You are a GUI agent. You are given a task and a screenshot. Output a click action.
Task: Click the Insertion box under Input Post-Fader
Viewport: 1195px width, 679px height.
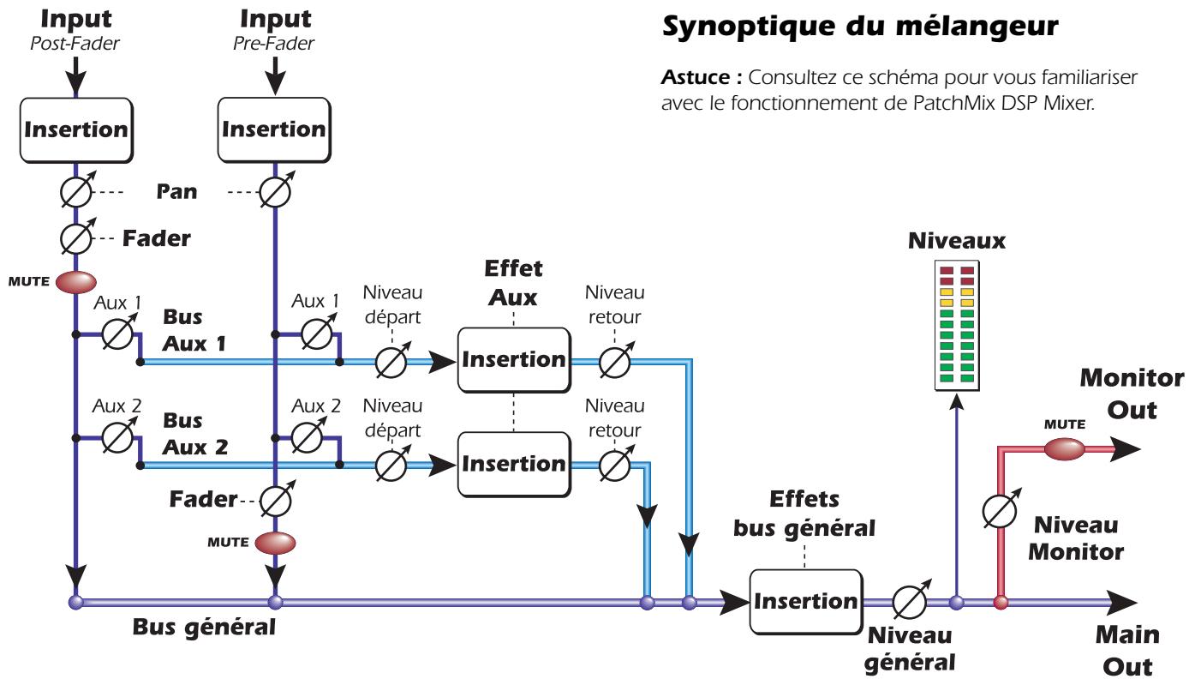[x=75, y=130]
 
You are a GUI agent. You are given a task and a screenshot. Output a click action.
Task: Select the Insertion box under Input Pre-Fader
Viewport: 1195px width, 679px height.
[x=273, y=130]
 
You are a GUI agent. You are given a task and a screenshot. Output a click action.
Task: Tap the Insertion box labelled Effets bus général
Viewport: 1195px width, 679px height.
[x=805, y=601]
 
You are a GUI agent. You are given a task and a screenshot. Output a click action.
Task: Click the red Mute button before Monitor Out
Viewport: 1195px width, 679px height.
[x=1064, y=448]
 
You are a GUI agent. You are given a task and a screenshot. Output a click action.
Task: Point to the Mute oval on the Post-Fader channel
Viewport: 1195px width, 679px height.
[x=75, y=282]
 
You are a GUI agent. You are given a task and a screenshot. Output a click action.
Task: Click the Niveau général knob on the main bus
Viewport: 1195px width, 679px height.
[x=908, y=602]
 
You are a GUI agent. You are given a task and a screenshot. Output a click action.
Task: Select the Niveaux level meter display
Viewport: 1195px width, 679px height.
[x=958, y=325]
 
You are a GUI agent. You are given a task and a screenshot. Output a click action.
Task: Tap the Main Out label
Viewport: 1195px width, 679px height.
[x=1126, y=650]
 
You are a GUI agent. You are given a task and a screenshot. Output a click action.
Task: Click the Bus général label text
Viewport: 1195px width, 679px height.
[x=204, y=627]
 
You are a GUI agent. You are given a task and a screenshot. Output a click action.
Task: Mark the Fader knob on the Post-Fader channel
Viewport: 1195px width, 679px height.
[x=75, y=237]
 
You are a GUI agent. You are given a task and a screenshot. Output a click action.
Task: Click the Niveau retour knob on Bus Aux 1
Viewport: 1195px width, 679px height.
[x=613, y=363]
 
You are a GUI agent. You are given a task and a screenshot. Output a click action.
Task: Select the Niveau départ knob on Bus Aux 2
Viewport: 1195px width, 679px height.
[x=391, y=466]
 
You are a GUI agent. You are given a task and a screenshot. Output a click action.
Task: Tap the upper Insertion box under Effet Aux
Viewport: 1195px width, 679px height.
[x=513, y=359]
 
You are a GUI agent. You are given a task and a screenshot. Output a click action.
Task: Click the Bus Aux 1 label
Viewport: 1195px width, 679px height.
[x=196, y=331]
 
